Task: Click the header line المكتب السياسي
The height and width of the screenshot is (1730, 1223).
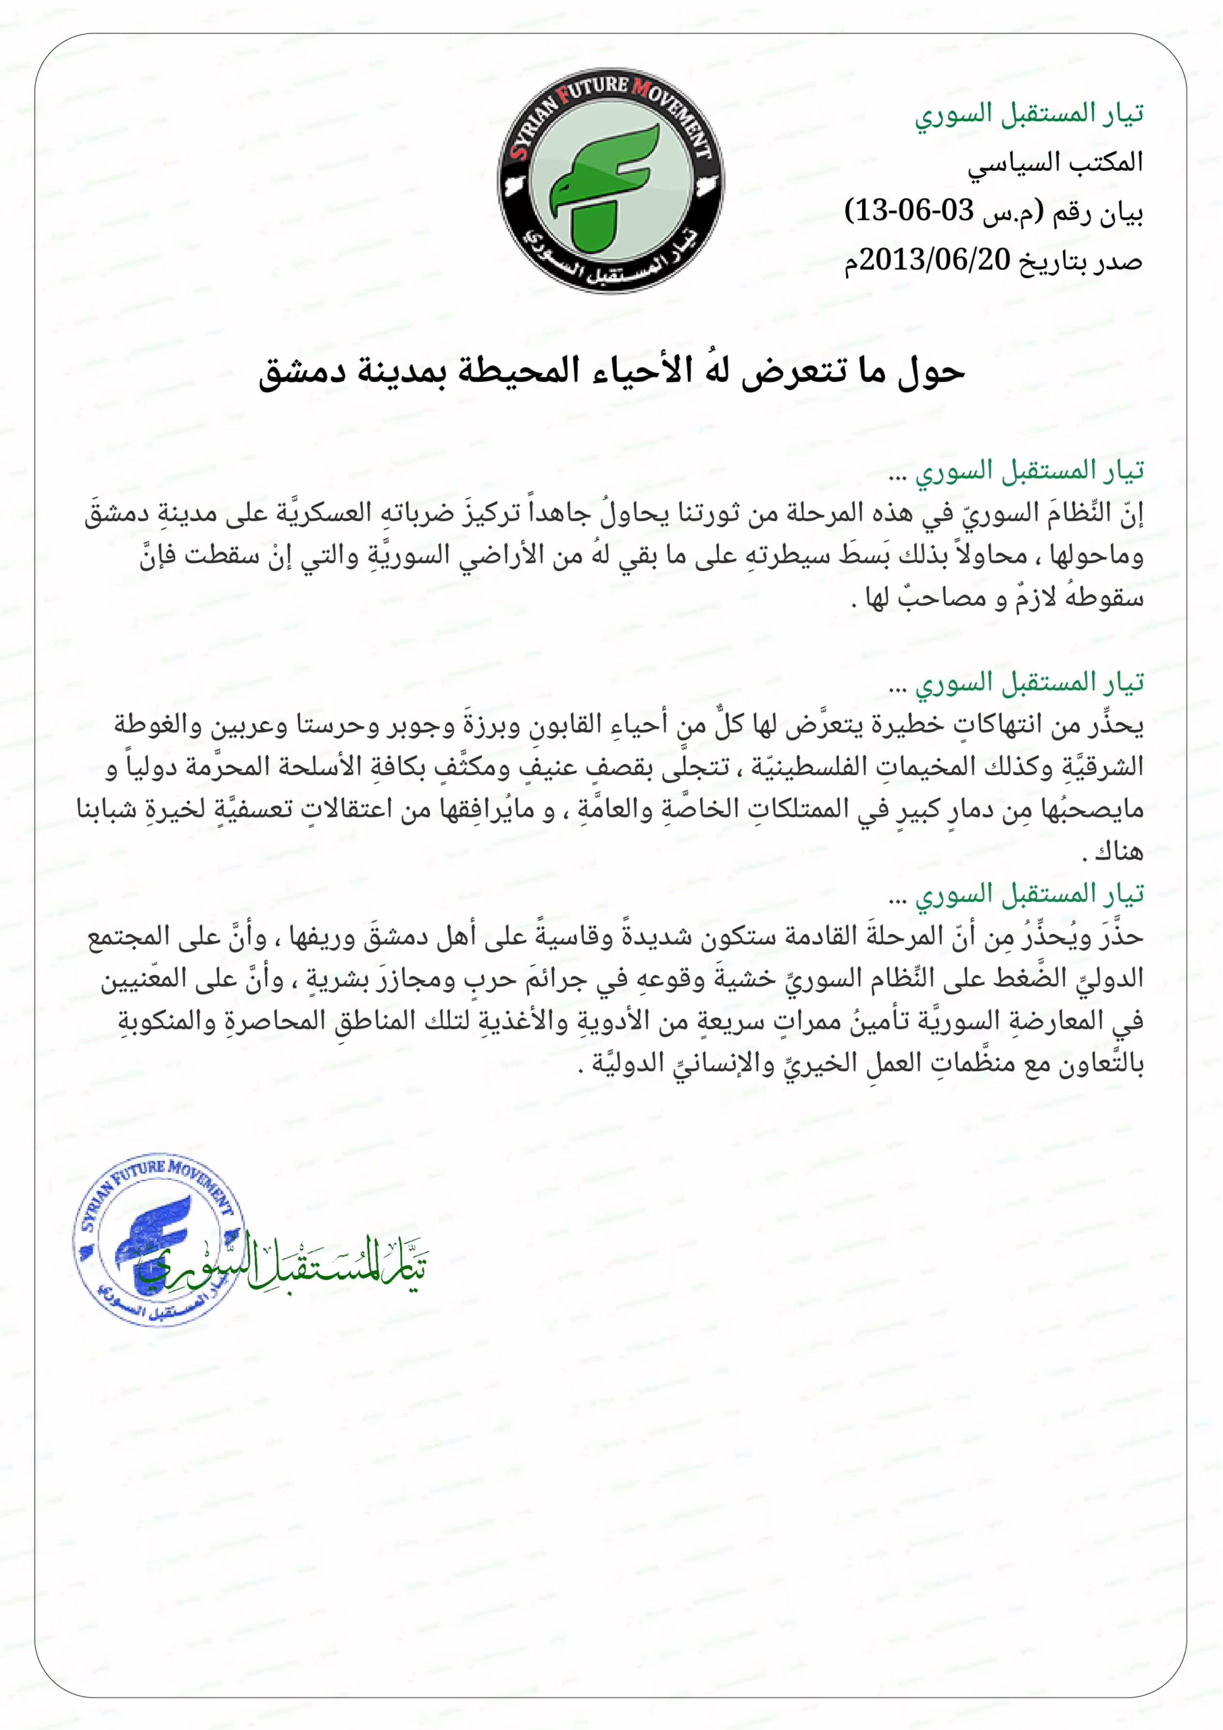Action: click(x=1055, y=163)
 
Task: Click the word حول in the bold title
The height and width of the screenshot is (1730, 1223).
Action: click(x=931, y=372)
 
